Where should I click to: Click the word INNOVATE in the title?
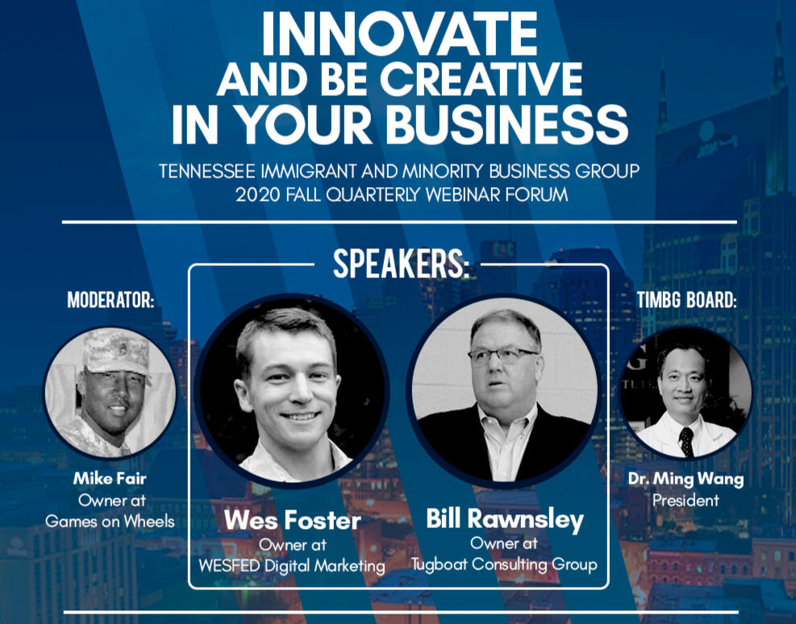[x=399, y=34]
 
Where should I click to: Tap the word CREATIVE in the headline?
[x=481, y=80]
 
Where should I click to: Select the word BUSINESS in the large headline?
[x=507, y=125]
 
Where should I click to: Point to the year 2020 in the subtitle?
[x=257, y=194]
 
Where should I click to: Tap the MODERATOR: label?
[x=110, y=300]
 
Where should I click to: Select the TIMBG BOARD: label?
[x=686, y=300]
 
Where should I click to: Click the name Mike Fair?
[x=110, y=478]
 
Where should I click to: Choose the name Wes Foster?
[x=293, y=521]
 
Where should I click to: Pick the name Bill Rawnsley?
[x=505, y=519]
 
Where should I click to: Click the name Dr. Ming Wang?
[x=686, y=479]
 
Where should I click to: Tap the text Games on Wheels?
[x=110, y=522]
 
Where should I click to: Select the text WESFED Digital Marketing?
[x=292, y=566]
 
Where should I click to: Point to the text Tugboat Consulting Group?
[x=504, y=564]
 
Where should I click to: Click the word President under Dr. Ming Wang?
[x=686, y=501]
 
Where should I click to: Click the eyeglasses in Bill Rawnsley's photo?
[x=502, y=355]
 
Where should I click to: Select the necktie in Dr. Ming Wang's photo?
[x=686, y=441]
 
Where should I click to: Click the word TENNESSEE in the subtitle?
[x=207, y=171]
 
